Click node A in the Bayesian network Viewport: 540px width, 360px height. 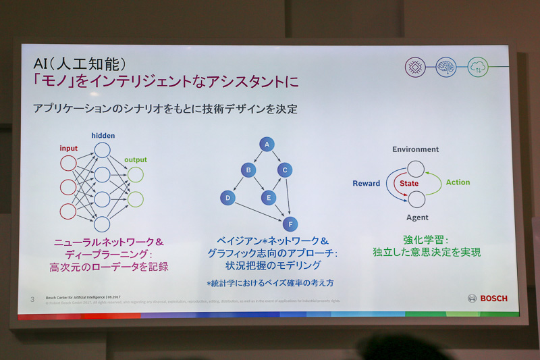[x=267, y=145]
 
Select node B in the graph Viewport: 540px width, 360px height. [x=248, y=170]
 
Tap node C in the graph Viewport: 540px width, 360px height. [x=285, y=170]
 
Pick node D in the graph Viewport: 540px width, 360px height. [x=227, y=198]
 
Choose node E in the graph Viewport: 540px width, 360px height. [x=269, y=198]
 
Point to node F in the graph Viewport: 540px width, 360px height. [x=290, y=224]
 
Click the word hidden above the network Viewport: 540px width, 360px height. [x=103, y=136]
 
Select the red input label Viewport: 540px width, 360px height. [x=68, y=149]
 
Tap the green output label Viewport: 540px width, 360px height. [x=135, y=160]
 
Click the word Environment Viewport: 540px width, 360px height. [x=415, y=149]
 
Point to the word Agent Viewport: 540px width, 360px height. [x=416, y=217]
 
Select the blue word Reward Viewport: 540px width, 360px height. [x=366, y=183]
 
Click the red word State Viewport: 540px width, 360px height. [x=408, y=183]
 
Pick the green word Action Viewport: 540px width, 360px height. [x=458, y=182]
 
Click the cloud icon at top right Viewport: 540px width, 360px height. [x=477, y=66]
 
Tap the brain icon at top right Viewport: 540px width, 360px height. [x=446, y=67]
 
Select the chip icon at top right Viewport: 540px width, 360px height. [x=415, y=67]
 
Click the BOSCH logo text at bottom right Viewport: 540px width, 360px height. [x=493, y=298]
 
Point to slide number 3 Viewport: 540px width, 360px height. [x=32, y=299]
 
